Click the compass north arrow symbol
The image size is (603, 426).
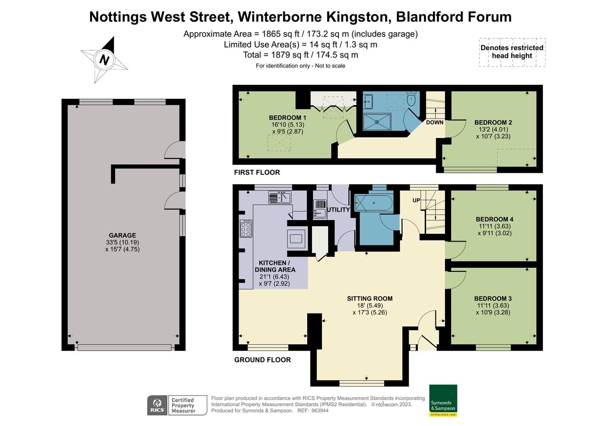pyautogui.click(x=104, y=60)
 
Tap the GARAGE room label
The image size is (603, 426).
pyautogui.click(x=122, y=235)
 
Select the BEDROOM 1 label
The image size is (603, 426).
pyautogui.click(x=287, y=118)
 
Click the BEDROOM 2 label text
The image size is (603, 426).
pyautogui.click(x=493, y=122)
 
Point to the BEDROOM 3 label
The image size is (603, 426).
pyautogui.click(x=493, y=299)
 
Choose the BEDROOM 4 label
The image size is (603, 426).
pyautogui.click(x=494, y=219)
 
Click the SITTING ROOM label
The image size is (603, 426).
pyautogui.click(x=370, y=299)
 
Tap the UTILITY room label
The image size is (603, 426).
pyautogui.click(x=338, y=210)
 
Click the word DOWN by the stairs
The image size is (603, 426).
pyautogui.click(x=434, y=122)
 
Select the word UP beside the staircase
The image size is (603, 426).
pyautogui.click(x=416, y=200)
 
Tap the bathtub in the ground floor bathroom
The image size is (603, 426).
pyautogui.click(x=374, y=203)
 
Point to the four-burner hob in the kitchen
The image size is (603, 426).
pyautogui.click(x=246, y=229)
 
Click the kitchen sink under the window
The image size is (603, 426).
pyautogui.click(x=280, y=197)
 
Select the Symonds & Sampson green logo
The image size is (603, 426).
pyautogui.click(x=443, y=400)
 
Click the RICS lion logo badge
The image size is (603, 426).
pyautogui.click(x=158, y=405)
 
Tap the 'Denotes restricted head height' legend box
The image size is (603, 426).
pyautogui.click(x=512, y=52)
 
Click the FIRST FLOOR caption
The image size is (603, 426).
pyautogui.click(x=257, y=172)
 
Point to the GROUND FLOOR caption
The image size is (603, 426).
pyautogui.click(x=262, y=360)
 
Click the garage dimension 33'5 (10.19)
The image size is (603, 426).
pyautogui.click(x=122, y=243)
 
